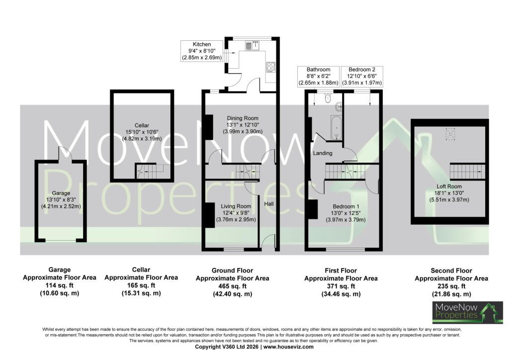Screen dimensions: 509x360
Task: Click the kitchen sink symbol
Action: [253, 45]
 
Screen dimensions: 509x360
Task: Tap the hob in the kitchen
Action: [271, 67]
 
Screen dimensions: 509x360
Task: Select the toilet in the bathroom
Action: [328, 98]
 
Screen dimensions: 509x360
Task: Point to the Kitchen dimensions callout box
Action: [202, 51]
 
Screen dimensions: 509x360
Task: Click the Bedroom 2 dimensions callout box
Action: [362, 77]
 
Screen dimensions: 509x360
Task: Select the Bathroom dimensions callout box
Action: [319, 77]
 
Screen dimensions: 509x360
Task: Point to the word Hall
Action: [269, 204]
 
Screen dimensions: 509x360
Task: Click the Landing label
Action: [323, 153]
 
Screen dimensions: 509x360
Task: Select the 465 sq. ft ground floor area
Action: [233, 286]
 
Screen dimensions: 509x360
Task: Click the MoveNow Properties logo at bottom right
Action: [467, 313]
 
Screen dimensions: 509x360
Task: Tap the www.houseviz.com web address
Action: [288, 347]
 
